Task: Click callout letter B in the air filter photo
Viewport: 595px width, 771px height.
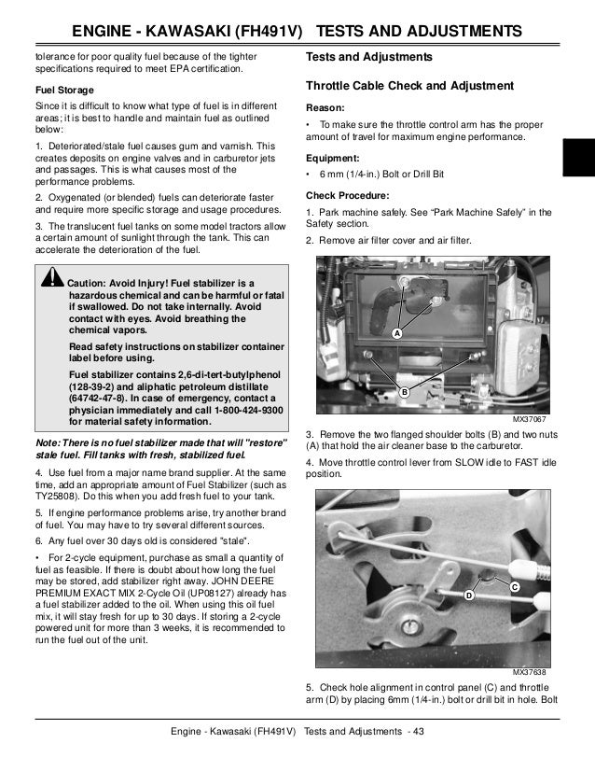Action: click(405, 392)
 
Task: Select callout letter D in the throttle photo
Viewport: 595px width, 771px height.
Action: click(468, 594)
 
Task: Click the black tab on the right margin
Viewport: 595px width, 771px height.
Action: click(577, 155)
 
